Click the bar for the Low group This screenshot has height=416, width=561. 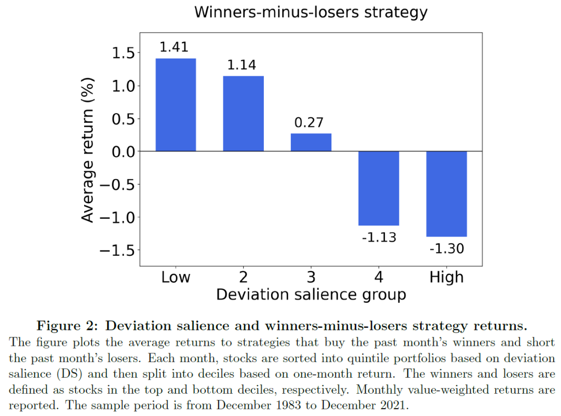[176, 105]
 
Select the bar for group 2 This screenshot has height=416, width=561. [243, 114]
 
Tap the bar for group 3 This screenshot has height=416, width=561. [311, 142]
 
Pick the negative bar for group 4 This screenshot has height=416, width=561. [379, 188]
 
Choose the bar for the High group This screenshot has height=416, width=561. [446, 194]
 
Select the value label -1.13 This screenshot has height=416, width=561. [379, 238]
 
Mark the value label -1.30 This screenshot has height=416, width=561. [446, 248]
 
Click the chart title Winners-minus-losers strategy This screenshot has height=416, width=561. [311, 12]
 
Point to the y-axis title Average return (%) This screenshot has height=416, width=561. [88, 150]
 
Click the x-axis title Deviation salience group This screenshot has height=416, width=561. [311, 295]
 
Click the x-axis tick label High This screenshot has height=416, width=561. [446, 278]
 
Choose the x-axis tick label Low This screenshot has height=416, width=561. [176, 278]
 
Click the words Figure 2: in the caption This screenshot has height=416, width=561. [66, 326]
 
